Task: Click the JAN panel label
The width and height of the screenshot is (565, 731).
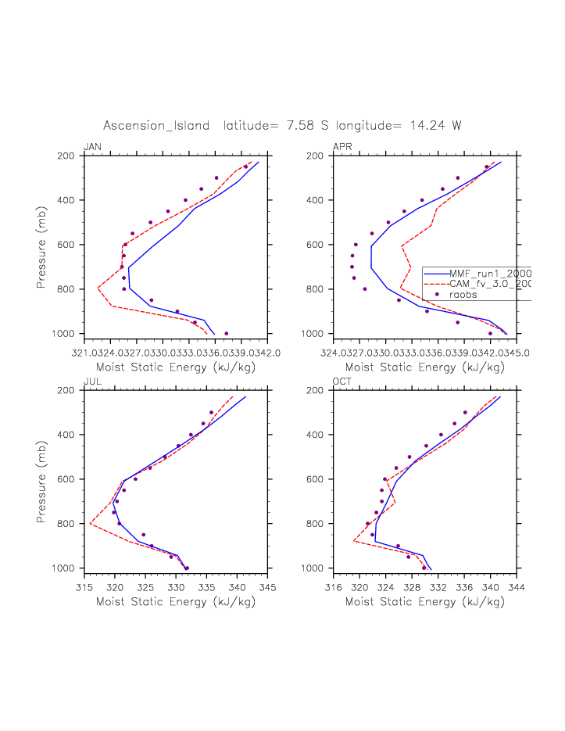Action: tap(92, 147)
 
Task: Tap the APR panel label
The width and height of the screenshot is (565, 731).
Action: tap(342, 147)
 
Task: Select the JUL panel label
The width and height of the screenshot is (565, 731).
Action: tap(92, 382)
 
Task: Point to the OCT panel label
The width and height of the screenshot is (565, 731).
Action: tap(342, 382)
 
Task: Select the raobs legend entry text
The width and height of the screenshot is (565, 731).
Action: tap(463, 295)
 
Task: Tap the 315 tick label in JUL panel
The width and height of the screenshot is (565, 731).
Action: tap(85, 586)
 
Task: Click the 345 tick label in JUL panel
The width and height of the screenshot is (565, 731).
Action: tap(268, 586)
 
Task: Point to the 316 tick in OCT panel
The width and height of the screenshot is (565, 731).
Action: tap(334, 586)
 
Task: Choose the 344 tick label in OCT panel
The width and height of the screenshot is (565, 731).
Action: tap(517, 586)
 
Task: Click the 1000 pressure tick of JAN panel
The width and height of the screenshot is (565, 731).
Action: tap(68, 334)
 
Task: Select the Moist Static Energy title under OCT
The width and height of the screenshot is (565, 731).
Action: tap(425, 602)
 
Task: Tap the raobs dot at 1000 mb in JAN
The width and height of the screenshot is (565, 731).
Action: tap(227, 334)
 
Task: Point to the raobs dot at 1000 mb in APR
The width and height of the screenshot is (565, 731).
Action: tap(491, 334)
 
